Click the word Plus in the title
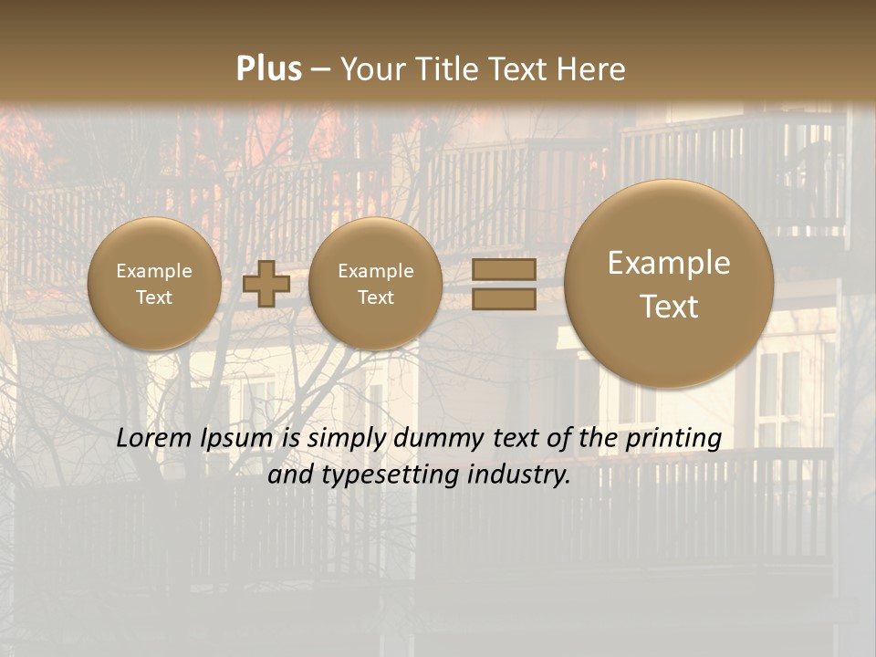click(268, 69)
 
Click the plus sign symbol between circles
click(266, 283)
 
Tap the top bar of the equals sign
click(504, 269)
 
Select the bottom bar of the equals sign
click(504, 298)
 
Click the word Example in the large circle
click(669, 263)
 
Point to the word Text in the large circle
click(669, 307)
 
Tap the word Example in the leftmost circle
click(154, 271)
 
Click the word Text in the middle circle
click(375, 297)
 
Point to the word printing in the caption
click(673, 438)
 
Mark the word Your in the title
click(371, 69)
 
